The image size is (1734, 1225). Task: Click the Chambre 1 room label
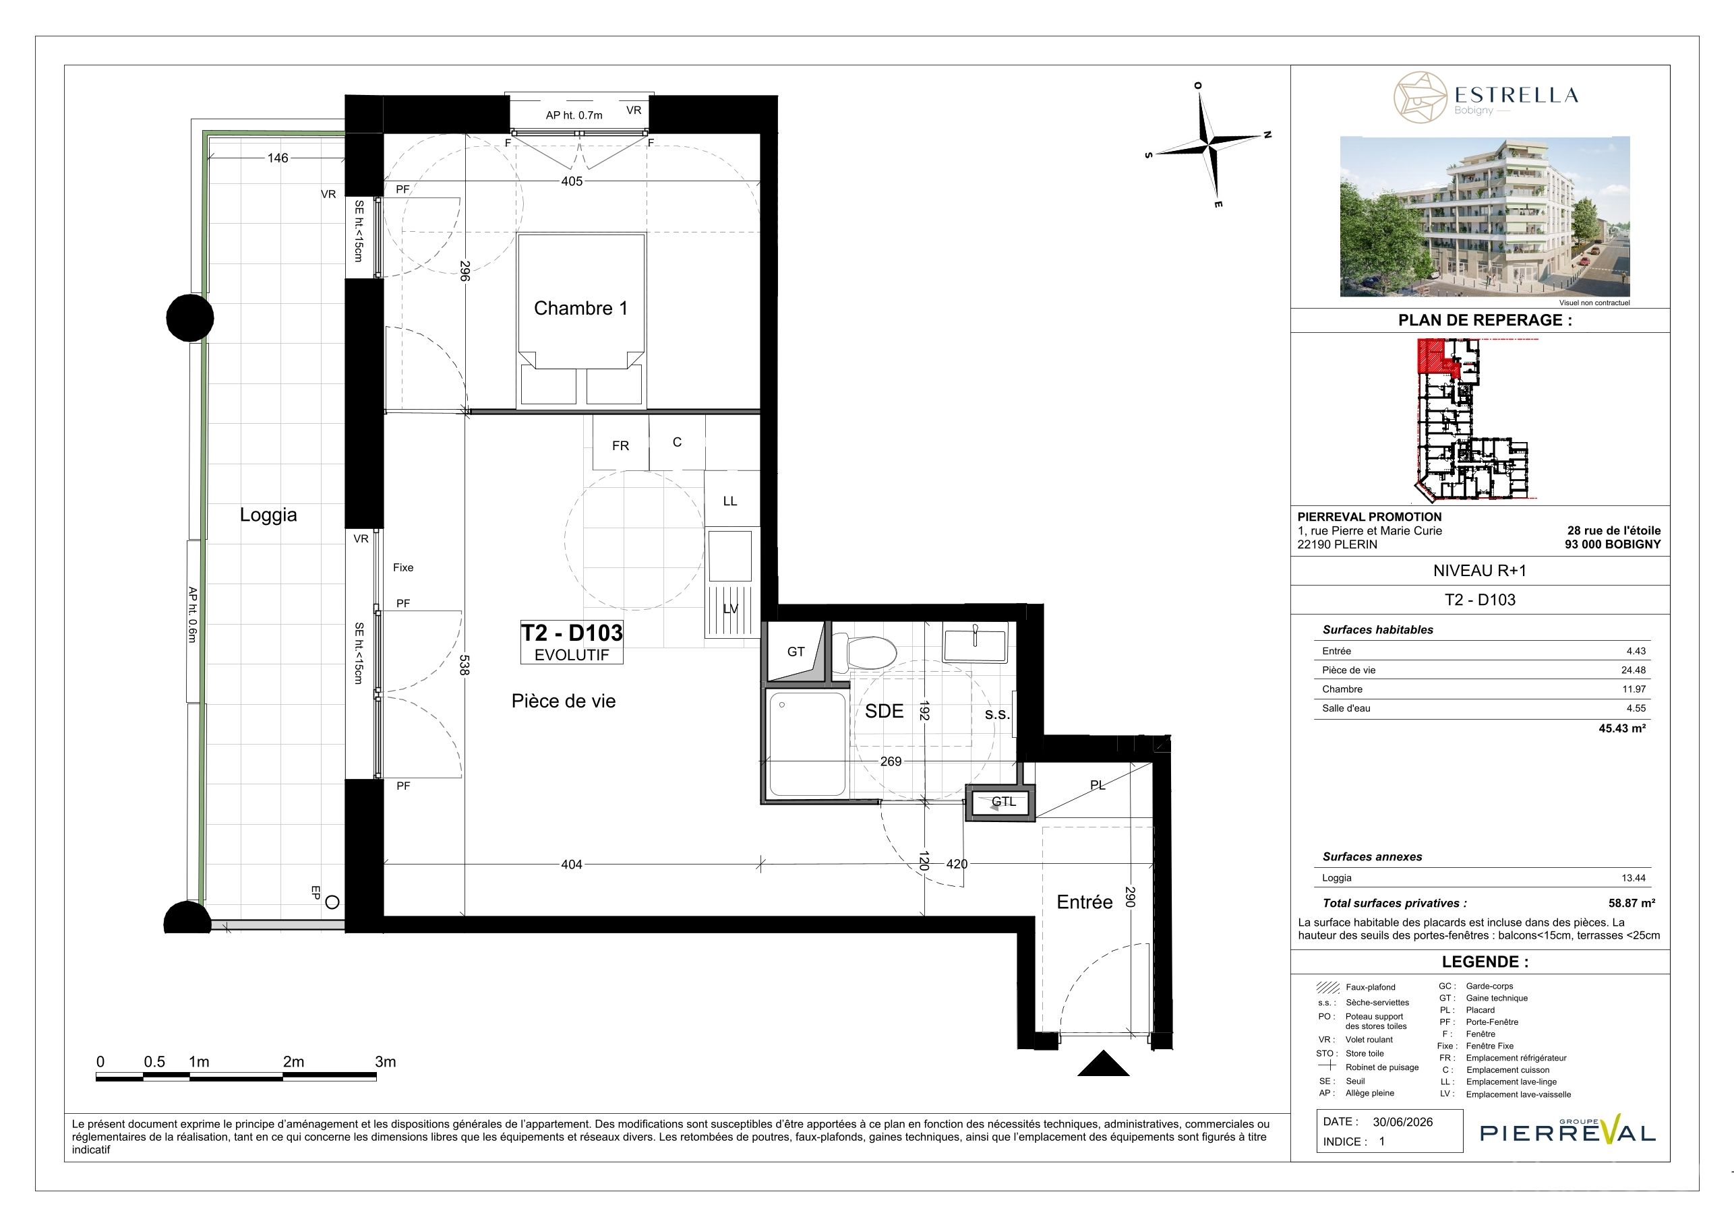[580, 308]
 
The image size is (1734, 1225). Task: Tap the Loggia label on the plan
[268, 515]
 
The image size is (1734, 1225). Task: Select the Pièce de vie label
[564, 701]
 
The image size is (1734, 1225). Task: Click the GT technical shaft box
[796, 652]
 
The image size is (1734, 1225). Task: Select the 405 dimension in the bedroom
[572, 181]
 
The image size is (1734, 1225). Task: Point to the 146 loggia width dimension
[278, 158]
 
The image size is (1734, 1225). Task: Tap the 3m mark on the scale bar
[385, 1062]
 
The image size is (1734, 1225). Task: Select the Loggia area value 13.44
[1634, 878]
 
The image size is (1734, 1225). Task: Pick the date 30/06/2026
[1402, 1122]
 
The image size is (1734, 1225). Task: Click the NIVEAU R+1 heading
[1479, 571]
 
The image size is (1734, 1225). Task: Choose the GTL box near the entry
[1003, 803]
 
